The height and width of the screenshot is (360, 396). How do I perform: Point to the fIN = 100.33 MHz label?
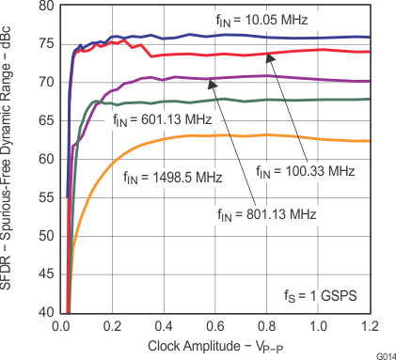click(306, 171)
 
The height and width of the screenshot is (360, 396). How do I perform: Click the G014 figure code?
click(383, 354)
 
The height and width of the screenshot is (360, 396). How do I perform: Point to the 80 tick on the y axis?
click(45, 7)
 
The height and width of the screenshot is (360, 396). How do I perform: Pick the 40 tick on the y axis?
click(45, 312)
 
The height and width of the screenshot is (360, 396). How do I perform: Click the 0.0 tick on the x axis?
click(61, 325)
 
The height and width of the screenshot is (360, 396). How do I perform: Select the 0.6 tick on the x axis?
click(215, 325)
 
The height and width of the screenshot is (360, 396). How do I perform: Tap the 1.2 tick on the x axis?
click(370, 325)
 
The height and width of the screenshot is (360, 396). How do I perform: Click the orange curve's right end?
click(369, 141)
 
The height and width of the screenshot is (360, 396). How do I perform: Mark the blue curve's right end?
click(369, 38)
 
